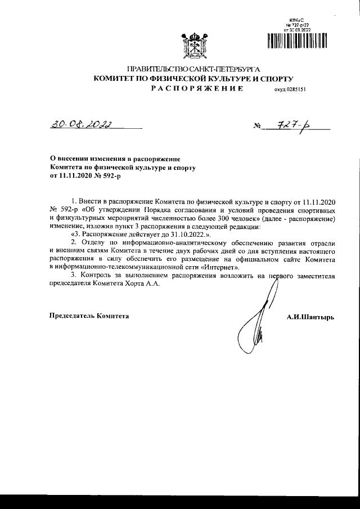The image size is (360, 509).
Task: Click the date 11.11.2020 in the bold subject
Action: coord(78,175)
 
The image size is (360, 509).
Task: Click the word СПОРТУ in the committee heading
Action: coord(274,79)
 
